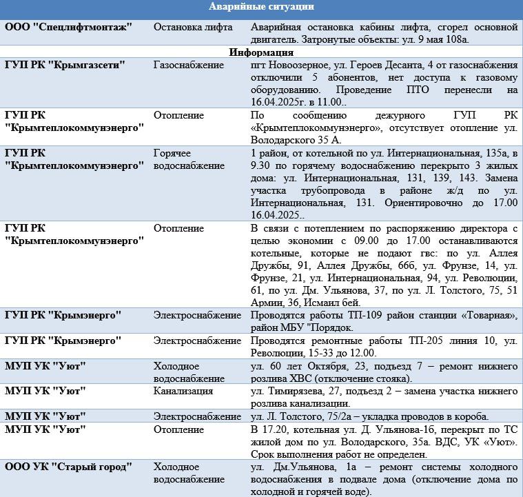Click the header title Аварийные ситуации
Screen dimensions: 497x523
[261, 7]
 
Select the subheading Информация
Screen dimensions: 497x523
[261, 52]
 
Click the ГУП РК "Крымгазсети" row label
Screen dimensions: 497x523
[65, 64]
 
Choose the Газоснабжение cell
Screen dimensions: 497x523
[188, 64]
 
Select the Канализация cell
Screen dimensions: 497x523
[183, 391]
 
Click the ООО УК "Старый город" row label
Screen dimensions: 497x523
[68, 467]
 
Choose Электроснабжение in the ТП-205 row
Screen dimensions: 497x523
[197, 341]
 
